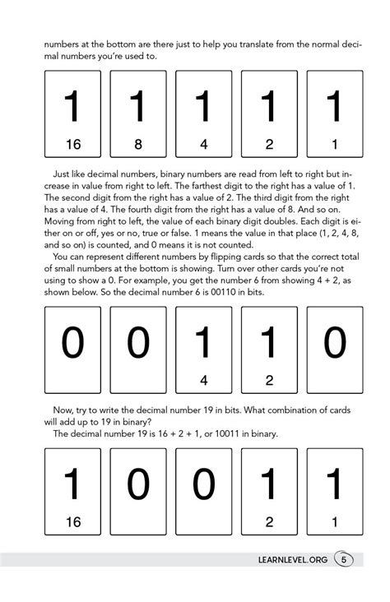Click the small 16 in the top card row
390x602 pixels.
pos(73,145)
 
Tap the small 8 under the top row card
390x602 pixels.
pos(138,145)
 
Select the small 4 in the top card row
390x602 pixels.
pos(203,145)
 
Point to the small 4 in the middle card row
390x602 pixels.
pos(203,380)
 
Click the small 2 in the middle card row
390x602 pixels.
pos(269,380)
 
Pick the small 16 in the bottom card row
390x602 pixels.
pos(73,521)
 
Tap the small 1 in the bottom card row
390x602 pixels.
pos(334,521)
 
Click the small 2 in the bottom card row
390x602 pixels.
pos(269,521)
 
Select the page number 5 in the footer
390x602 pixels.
pos(344,560)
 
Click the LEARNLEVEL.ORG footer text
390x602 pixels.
pos(292,560)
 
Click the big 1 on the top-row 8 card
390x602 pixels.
pos(138,107)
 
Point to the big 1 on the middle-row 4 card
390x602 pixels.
pos(203,342)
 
